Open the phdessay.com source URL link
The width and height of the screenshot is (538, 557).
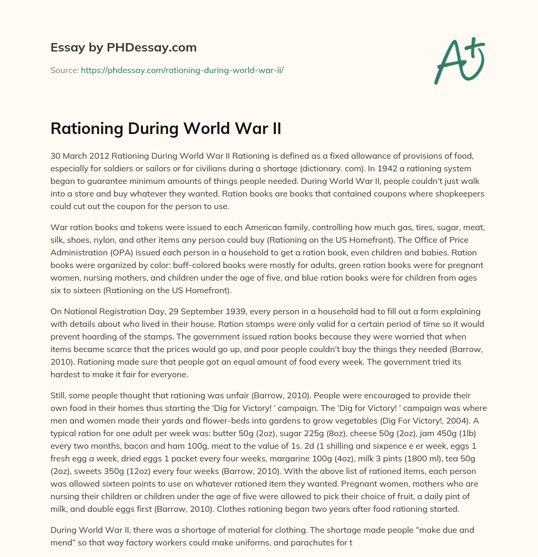pyautogui.click(x=182, y=70)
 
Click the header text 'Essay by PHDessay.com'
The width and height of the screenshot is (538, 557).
pyautogui.click(x=123, y=48)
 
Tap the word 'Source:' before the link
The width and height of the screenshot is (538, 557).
pyautogui.click(x=64, y=70)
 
